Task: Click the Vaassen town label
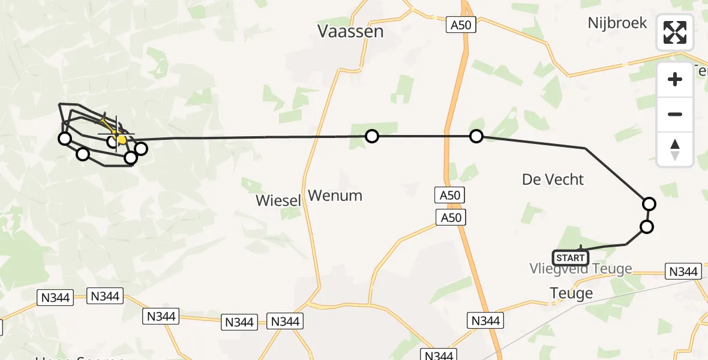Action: pyautogui.click(x=350, y=31)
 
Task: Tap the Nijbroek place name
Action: pyautogui.click(x=617, y=23)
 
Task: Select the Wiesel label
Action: pyautogui.click(x=278, y=200)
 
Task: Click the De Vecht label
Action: pyautogui.click(x=553, y=179)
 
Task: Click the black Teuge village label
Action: pyautogui.click(x=571, y=293)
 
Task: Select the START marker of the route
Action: pyautogui.click(x=570, y=258)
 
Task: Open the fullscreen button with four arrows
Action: pyautogui.click(x=675, y=32)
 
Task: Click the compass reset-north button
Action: pyautogui.click(x=675, y=149)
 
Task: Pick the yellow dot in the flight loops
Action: pyautogui.click(x=122, y=140)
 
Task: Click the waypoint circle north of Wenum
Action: pyautogui.click(x=372, y=136)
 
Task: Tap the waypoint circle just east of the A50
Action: pyautogui.click(x=476, y=136)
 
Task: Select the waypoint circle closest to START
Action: pyautogui.click(x=646, y=227)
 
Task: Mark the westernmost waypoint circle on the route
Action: pyautogui.click(x=64, y=139)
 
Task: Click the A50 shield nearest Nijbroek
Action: pyautogui.click(x=461, y=25)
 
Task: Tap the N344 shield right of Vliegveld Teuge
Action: pyautogui.click(x=683, y=272)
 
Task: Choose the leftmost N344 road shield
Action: pyautogui.click(x=55, y=297)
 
